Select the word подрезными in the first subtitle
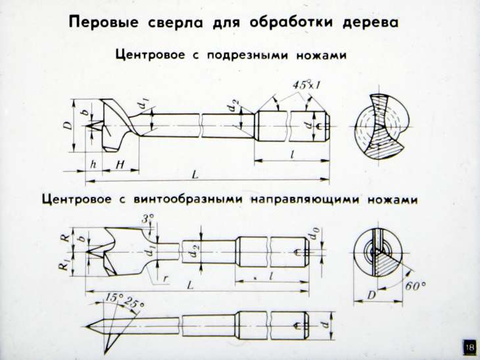tap(245, 56)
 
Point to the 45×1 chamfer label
tap(304, 86)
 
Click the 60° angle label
tap(416, 286)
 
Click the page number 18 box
tap(469, 347)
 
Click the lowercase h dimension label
tap(93, 165)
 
